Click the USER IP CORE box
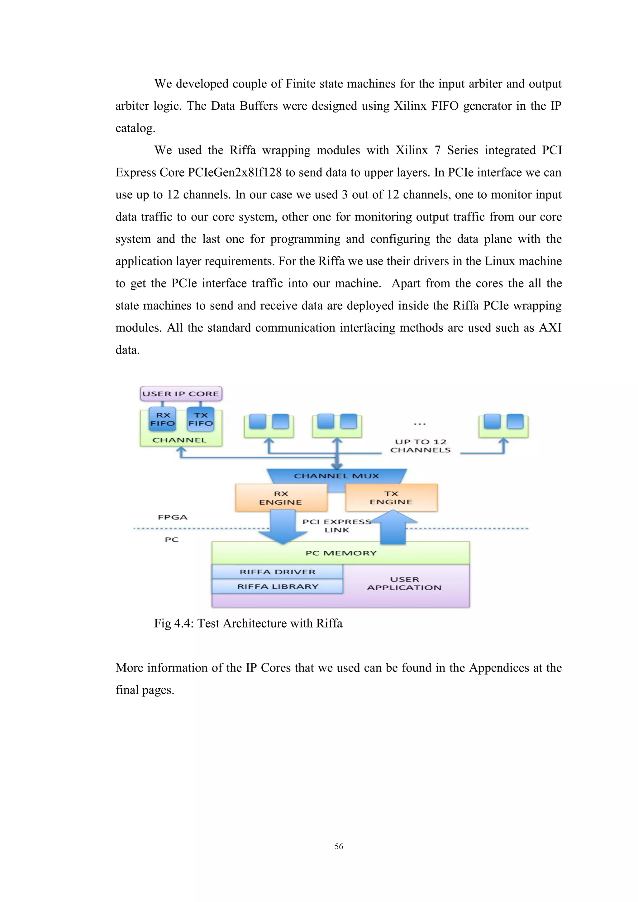pyautogui.click(x=181, y=394)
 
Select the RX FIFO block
pyautogui.click(x=163, y=419)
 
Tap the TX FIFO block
pyautogui.click(x=200, y=419)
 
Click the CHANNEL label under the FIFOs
pyautogui.click(x=179, y=440)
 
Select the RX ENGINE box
pyautogui.click(x=281, y=498)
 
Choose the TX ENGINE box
pyautogui.click(x=391, y=498)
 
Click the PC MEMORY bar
pyautogui.click(x=340, y=553)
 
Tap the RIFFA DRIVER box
pyautogui.click(x=277, y=572)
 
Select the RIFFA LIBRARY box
pyautogui.click(x=277, y=586)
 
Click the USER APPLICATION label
pyautogui.click(x=404, y=583)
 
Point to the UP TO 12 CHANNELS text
pyautogui.click(x=420, y=446)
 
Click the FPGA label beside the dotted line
pyautogui.click(x=173, y=517)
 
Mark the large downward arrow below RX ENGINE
pyautogui.click(x=283, y=526)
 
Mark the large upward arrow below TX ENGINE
pyautogui.click(x=393, y=528)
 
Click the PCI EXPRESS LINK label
pyautogui.click(x=337, y=526)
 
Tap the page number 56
pyautogui.click(x=339, y=846)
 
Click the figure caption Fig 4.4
pyautogui.click(x=248, y=624)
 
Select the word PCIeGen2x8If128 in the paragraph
pyautogui.click(x=235, y=173)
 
